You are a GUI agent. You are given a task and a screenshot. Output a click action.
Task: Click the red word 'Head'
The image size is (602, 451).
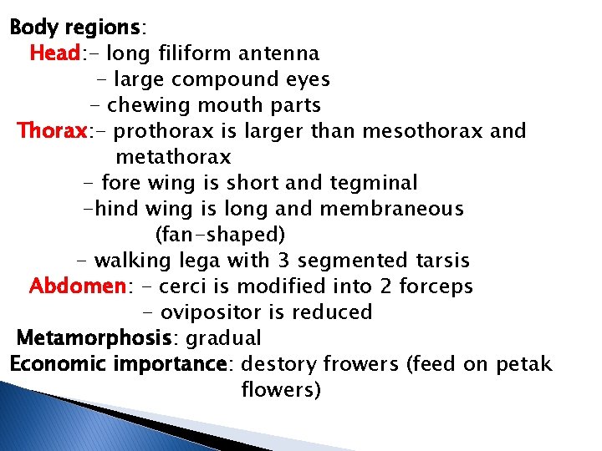(54, 53)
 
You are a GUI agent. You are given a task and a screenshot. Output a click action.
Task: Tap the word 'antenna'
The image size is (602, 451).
(278, 53)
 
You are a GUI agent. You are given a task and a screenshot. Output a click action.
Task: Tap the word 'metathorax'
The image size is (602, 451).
(173, 157)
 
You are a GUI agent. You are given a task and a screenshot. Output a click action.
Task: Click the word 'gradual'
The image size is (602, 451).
(223, 338)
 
